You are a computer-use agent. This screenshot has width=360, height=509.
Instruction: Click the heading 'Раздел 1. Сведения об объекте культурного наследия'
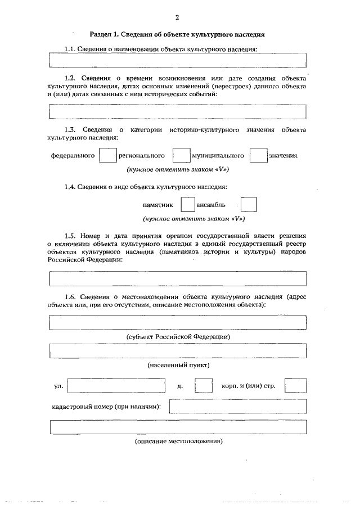177,35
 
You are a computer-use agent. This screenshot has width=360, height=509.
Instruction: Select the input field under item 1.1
178,60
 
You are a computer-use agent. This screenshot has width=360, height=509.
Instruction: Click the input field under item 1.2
178,112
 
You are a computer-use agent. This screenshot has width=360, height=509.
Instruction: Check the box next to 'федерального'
107,155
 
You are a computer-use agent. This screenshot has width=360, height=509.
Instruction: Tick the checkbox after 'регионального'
181,155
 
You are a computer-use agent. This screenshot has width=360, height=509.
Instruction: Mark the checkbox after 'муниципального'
258,155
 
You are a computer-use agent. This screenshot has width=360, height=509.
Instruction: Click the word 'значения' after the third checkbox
283,155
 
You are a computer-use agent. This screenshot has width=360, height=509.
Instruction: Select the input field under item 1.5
178,279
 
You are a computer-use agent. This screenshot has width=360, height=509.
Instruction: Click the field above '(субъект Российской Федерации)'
178,322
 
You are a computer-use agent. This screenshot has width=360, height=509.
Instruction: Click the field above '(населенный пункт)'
178,351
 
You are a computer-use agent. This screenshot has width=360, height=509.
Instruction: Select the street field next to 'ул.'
116,386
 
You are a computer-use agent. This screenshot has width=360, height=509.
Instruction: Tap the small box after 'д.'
203,386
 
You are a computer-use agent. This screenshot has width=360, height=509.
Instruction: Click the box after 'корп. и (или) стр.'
295,386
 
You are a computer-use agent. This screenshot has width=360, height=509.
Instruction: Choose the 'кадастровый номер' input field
237,406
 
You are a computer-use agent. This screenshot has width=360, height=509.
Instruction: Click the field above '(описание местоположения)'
178,427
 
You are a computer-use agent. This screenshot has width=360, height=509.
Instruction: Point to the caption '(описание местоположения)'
178,442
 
